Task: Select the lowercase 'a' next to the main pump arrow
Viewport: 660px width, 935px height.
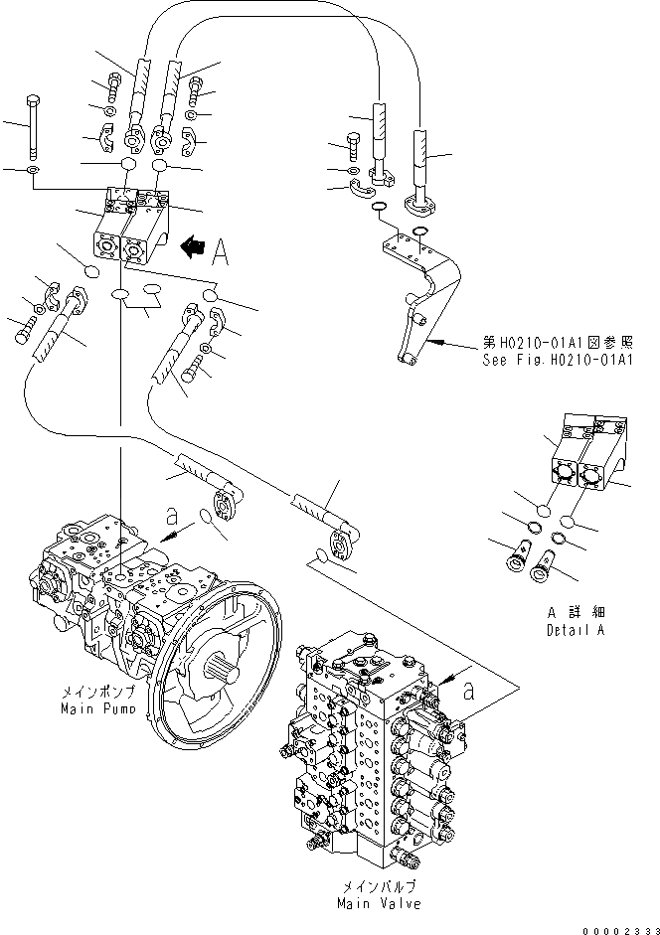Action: tap(172, 517)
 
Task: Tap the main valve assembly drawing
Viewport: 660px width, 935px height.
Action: tap(373, 745)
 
